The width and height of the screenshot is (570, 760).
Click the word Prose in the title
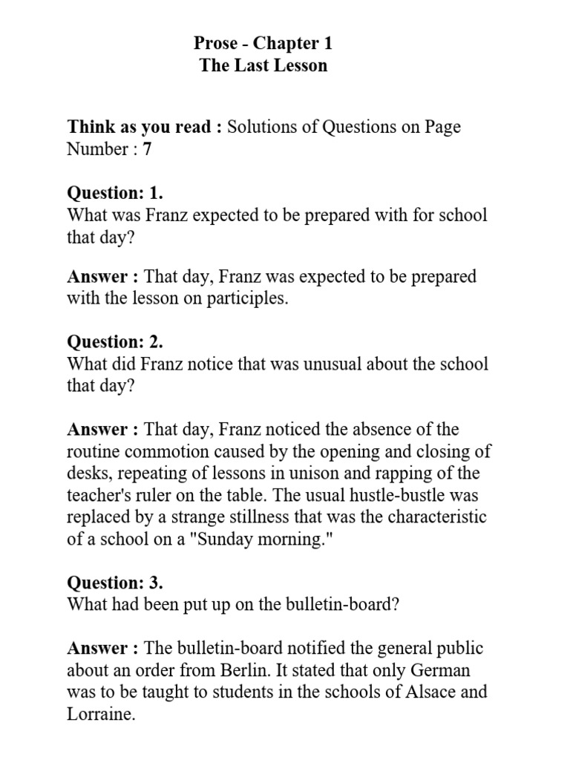pos(215,43)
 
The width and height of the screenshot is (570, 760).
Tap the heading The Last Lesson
pos(263,65)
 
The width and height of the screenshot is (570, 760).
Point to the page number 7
pos(147,149)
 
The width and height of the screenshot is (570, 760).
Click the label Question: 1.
pos(115,194)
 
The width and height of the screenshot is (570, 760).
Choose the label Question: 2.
pos(115,342)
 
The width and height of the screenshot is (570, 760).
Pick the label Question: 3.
pos(115,582)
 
